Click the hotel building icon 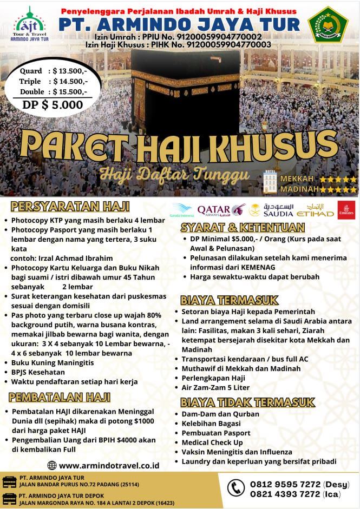(270, 182)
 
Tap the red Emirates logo (346, 210)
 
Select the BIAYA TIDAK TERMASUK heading (247, 402)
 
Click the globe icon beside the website (52, 465)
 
